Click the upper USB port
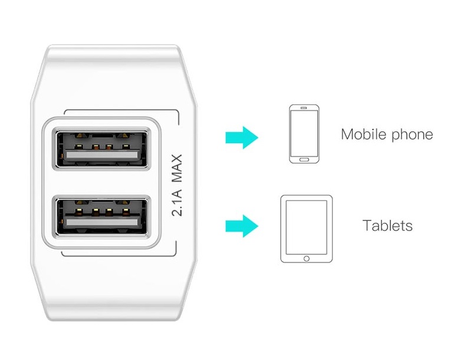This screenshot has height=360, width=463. coord(101,149)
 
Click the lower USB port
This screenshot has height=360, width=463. coord(101,217)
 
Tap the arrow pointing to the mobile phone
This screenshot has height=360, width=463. coord(242,137)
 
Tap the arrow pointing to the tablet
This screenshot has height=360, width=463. coord(242,226)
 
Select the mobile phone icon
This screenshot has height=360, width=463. coord(304,134)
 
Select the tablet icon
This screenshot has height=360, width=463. coord(306,229)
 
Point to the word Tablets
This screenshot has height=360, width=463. coord(388,226)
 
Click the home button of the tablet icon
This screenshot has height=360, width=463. coord(307,259)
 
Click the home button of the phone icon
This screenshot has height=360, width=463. coord(304,160)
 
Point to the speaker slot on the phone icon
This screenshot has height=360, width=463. coord(304,108)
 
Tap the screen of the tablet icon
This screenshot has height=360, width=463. coord(307,227)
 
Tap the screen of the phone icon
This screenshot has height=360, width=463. coord(304,133)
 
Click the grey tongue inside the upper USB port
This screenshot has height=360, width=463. coord(102,155)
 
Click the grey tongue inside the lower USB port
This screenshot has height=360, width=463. coord(102,222)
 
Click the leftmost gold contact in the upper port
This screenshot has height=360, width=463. coord(78,147)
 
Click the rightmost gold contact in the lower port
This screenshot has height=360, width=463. coord(126,211)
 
